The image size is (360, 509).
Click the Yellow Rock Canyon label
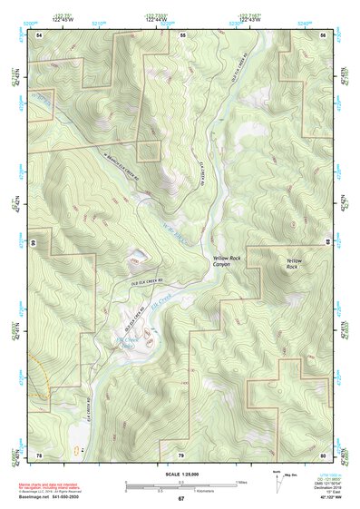tap(227, 262)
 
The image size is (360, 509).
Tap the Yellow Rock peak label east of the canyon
tap(292, 264)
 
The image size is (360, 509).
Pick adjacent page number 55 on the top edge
tap(182, 34)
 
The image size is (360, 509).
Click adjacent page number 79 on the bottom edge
tap(180, 454)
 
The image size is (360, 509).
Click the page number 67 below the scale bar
tap(180, 498)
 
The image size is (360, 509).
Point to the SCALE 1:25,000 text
tap(180, 474)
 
